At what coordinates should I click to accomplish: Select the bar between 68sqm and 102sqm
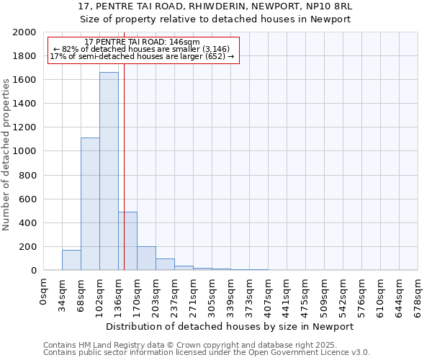click(x=90, y=204)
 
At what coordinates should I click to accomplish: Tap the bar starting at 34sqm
click(x=71, y=260)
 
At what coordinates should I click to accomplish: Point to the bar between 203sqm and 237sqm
click(x=165, y=264)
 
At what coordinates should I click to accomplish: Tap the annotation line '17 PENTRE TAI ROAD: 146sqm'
click(x=142, y=42)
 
